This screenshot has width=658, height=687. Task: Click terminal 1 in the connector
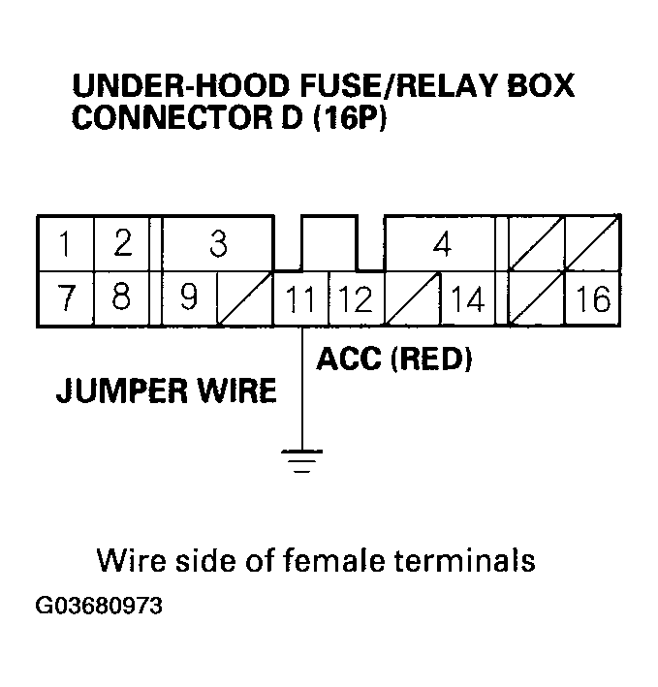click(x=65, y=244)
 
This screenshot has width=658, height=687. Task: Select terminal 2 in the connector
click(x=121, y=244)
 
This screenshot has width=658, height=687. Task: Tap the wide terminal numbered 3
click(x=218, y=244)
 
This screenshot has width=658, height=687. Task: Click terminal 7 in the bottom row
click(x=65, y=298)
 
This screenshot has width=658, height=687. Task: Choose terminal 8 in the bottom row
click(x=121, y=298)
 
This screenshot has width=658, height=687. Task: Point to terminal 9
click(x=189, y=298)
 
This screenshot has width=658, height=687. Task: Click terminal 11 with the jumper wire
click(x=301, y=300)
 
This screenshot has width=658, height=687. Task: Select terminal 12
click(x=357, y=300)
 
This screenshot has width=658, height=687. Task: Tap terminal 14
click(x=468, y=300)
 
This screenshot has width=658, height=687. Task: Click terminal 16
click(x=592, y=300)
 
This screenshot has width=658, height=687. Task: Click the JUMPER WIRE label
click(x=166, y=390)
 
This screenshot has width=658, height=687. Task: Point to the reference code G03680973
click(x=99, y=608)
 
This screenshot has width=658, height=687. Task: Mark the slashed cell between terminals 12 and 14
click(x=413, y=300)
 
